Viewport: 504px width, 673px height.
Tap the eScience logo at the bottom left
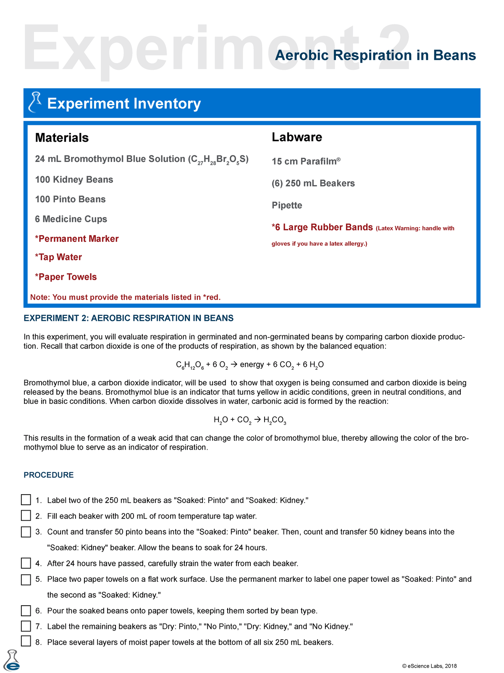pos(12,661)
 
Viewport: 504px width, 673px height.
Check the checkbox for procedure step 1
pos(26,500)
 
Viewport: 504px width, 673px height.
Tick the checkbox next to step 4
pos(26,563)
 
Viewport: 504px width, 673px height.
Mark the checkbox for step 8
pos(26,641)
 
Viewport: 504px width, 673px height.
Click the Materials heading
pos(62,138)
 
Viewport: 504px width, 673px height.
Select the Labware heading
pos(297,137)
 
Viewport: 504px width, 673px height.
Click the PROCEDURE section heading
pos(49,475)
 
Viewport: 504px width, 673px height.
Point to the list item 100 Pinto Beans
pos(70,199)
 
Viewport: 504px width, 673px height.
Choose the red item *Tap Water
pos(58,257)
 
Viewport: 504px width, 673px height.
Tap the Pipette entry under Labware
pos(287,205)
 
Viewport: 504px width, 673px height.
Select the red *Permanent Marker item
pos(77,238)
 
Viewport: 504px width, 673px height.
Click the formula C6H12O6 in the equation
pos(190,365)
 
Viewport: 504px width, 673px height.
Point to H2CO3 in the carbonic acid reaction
pos(275,420)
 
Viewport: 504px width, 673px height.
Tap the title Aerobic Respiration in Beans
pos(375,55)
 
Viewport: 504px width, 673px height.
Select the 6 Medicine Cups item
pos(71,219)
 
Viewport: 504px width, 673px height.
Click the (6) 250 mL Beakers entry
pos(313,183)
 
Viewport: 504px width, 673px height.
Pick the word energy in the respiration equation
pos(252,364)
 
